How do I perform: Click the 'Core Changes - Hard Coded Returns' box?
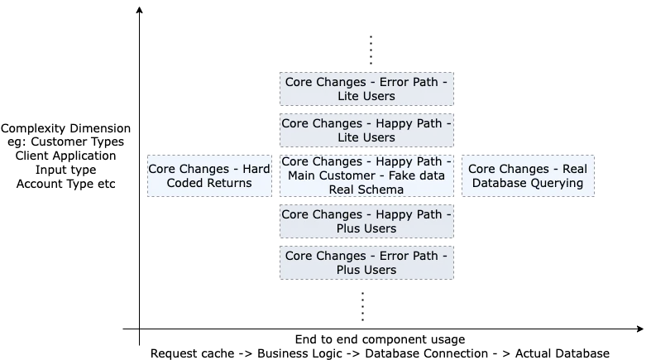209,175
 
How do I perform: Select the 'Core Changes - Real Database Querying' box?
528,175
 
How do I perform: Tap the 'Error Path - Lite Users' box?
366,89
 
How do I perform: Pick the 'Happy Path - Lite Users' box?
366,131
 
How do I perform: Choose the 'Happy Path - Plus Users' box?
366,221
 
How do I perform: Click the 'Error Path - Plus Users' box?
366,263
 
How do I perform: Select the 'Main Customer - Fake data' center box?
366,175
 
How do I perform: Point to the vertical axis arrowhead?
140,10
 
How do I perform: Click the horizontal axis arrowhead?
639,329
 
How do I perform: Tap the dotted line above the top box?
371,50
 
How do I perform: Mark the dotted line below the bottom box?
363,306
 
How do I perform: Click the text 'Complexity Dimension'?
65,128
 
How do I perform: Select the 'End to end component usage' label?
380,339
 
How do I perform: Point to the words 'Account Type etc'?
65,184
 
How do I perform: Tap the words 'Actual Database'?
562,353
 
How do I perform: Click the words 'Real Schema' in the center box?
366,190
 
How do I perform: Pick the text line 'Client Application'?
65,156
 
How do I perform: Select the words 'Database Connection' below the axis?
426,353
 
